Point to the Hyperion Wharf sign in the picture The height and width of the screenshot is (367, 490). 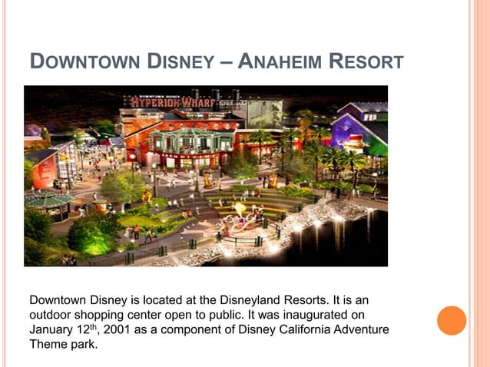coord(165,101)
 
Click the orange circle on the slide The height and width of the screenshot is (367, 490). coord(452,320)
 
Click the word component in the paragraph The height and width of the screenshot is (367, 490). coord(191,330)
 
